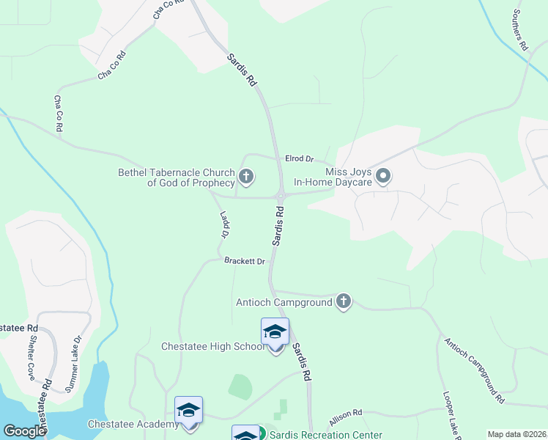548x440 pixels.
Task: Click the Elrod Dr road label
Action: [x=299, y=158]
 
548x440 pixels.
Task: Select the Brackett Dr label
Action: [x=244, y=261]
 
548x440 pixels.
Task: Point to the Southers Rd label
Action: [x=520, y=30]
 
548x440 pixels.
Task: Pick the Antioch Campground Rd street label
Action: [x=475, y=371]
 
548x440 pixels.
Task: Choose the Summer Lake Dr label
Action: [x=72, y=362]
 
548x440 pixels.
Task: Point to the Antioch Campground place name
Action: [x=284, y=302]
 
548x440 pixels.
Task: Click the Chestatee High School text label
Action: [x=212, y=346]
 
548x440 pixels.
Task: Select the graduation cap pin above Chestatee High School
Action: [x=275, y=333]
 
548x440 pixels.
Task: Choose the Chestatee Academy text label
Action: [x=133, y=425]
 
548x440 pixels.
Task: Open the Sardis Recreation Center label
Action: [x=326, y=435]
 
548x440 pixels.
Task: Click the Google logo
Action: [x=24, y=431]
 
